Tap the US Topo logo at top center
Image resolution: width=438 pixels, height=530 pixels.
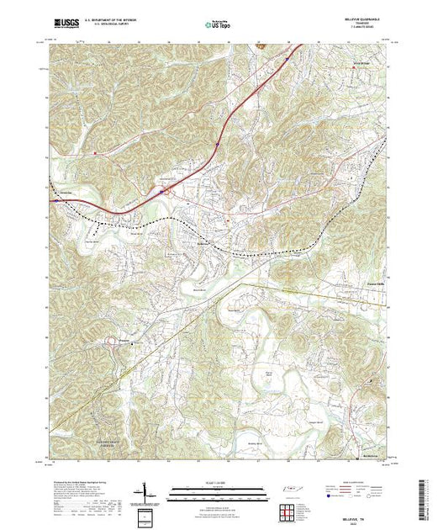[x=218, y=24]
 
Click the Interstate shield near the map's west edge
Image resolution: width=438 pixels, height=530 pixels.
[x=55, y=201]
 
